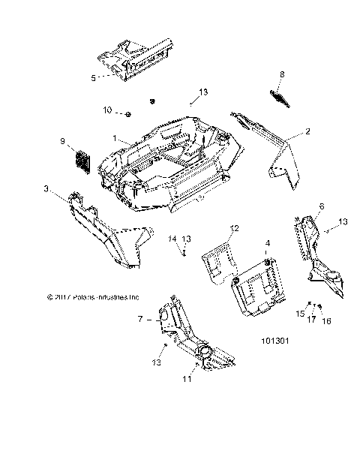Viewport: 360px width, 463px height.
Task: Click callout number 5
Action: pyautogui.click(x=94, y=77)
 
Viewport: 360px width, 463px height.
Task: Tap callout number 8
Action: pyautogui.click(x=282, y=74)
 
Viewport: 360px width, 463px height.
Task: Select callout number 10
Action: pyautogui.click(x=107, y=111)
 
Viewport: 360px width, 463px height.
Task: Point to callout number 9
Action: pyautogui.click(x=63, y=140)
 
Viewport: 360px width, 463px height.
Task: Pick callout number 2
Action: pyautogui.click(x=286, y=131)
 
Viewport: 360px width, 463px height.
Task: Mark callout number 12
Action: pyautogui.click(x=234, y=227)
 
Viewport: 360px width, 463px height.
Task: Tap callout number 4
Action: pyautogui.click(x=267, y=243)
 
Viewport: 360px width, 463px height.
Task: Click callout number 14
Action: pyautogui.click(x=172, y=239)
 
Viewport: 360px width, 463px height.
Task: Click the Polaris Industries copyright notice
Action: pyautogui.click(x=93, y=296)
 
